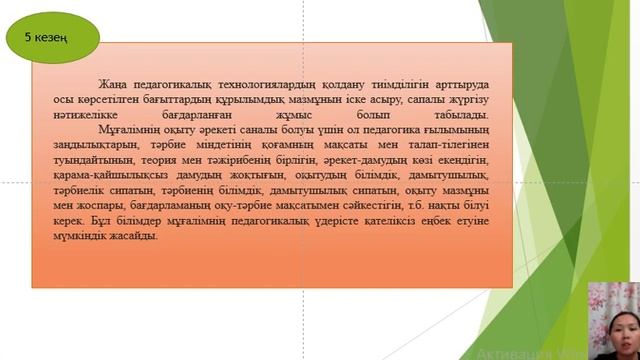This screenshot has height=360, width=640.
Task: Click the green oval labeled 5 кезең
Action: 52,37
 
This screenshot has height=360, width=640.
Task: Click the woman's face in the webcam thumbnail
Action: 609,319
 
